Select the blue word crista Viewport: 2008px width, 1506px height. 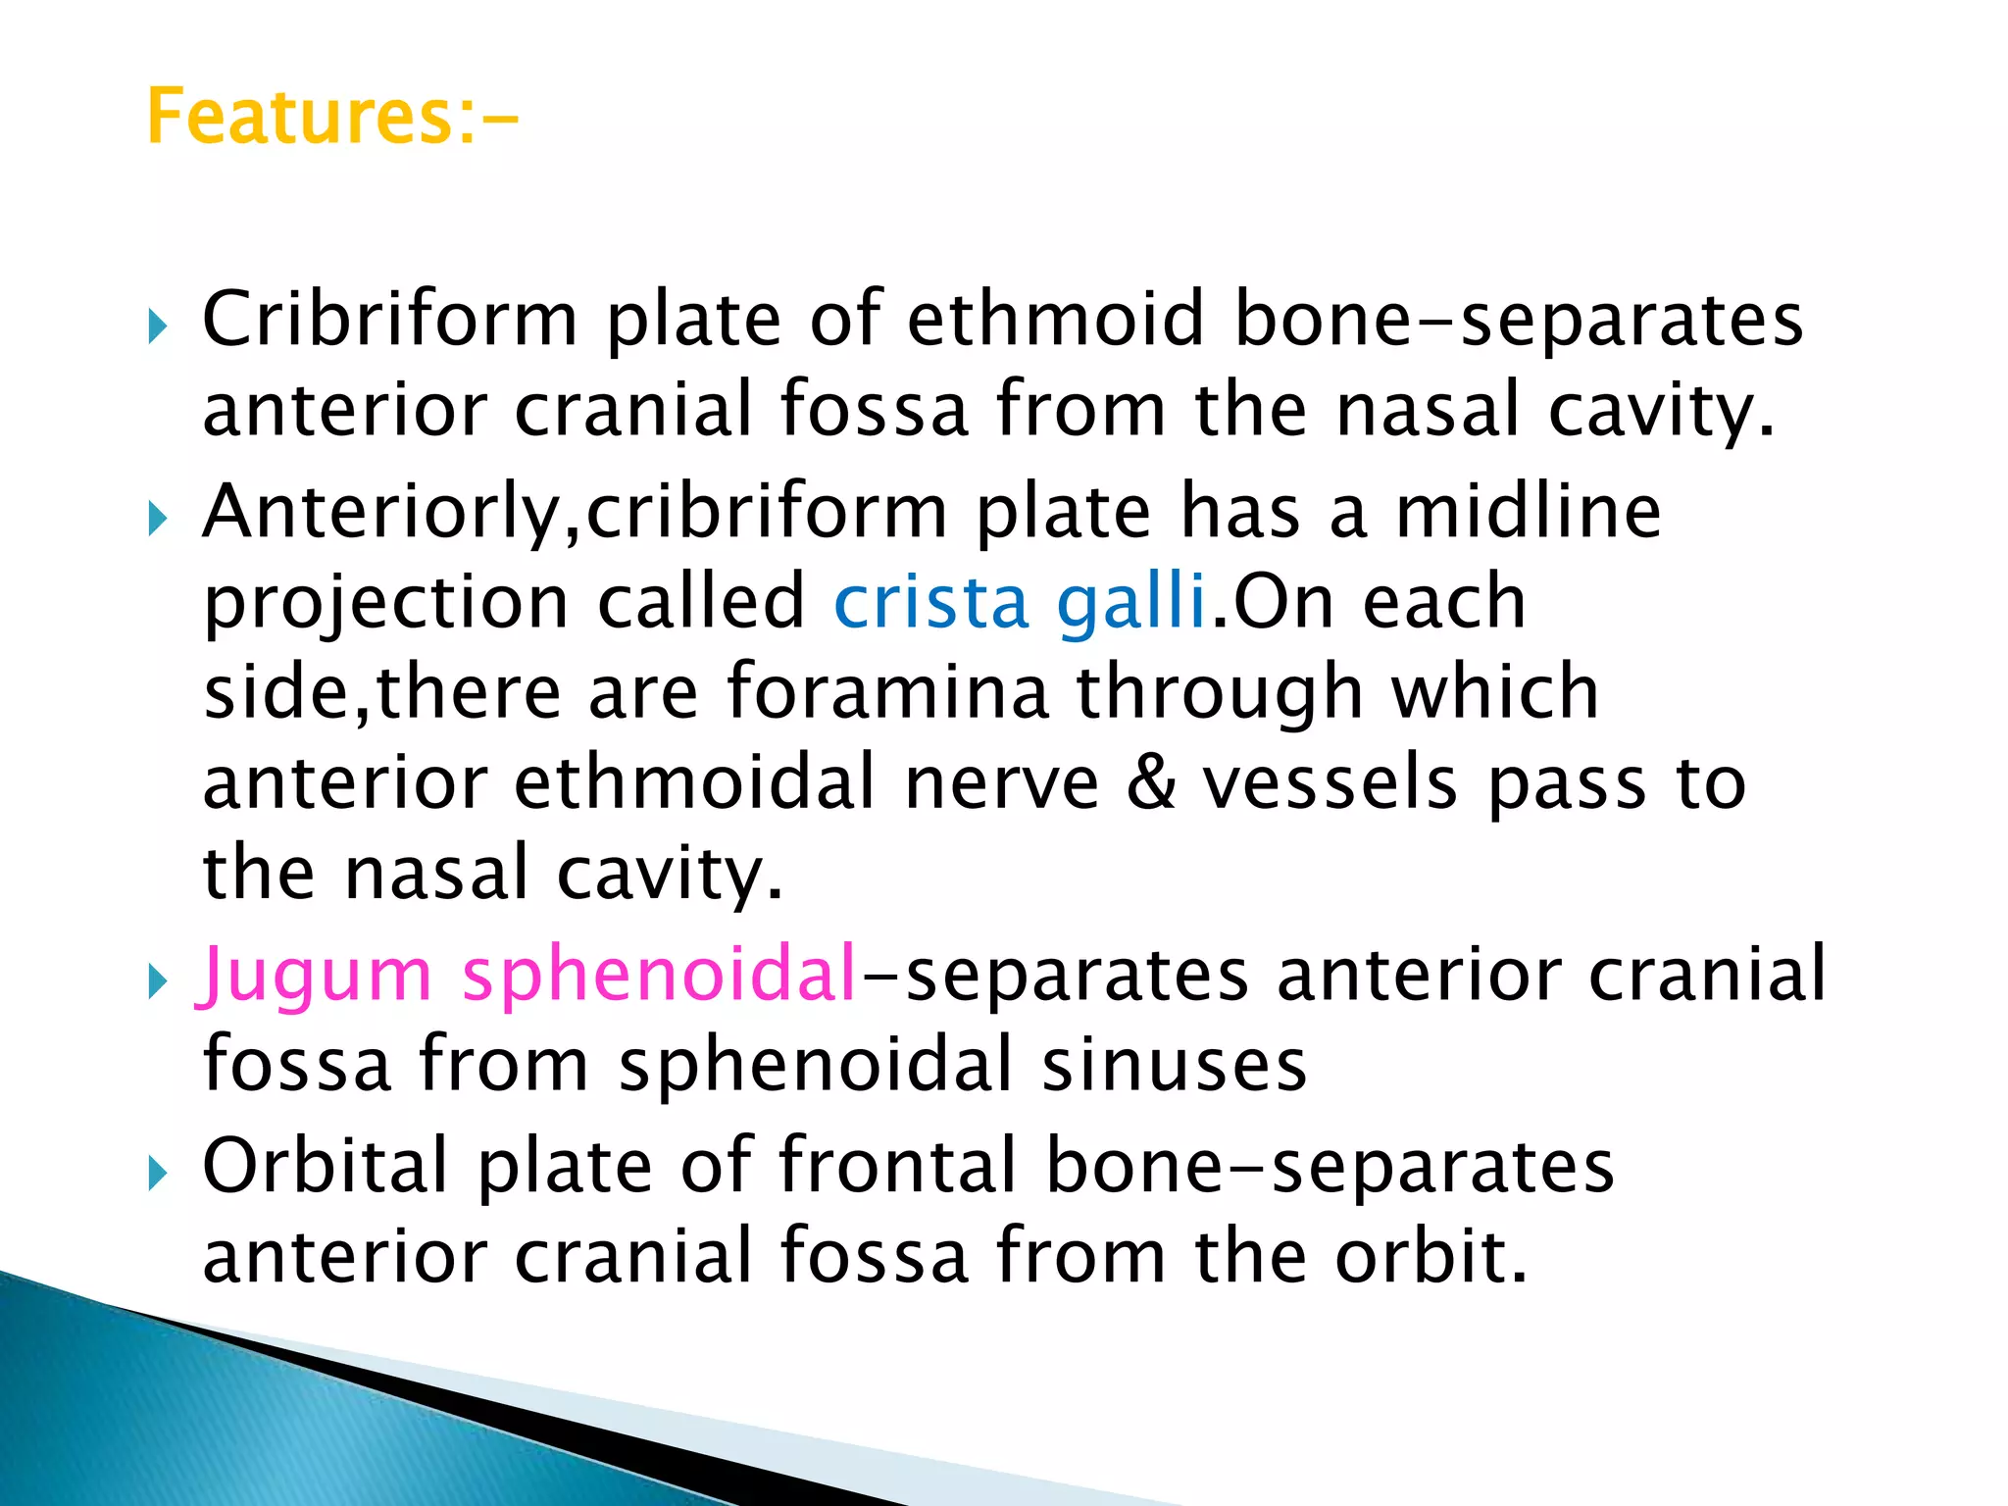930,601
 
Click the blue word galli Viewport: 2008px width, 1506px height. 1130,601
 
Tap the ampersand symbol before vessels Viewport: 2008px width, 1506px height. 1151,783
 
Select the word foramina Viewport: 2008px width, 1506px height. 887,692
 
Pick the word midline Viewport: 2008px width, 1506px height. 1528,512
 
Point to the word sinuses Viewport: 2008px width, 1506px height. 1174,1065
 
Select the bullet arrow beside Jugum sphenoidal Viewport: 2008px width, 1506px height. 158,979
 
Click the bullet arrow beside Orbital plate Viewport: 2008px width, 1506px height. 158,1172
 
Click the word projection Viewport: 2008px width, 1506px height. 386,601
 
